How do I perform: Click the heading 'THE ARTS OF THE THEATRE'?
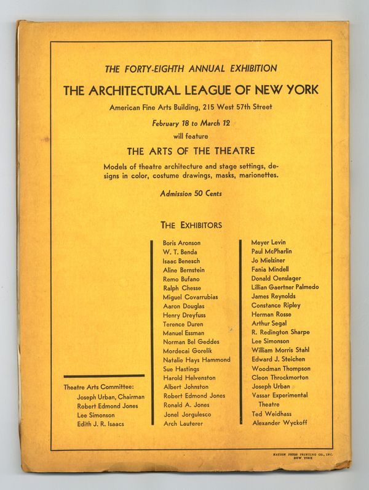(x=191, y=150)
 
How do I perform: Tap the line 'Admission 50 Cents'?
(x=191, y=193)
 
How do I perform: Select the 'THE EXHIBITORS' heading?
(x=191, y=225)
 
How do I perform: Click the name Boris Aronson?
(x=181, y=243)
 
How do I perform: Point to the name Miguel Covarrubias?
(x=190, y=297)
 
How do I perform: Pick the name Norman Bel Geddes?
(x=191, y=341)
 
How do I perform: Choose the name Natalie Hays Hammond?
(x=196, y=359)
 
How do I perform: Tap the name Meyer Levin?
(x=268, y=242)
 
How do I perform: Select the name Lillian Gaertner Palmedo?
(x=285, y=287)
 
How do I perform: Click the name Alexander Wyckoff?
(x=279, y=423)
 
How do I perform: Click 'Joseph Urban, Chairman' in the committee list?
(x=111, y=397)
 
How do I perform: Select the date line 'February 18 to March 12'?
(x=191, y=123)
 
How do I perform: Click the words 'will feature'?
(x=191, y=136)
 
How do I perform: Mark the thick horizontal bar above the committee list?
(x=104, y=375)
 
